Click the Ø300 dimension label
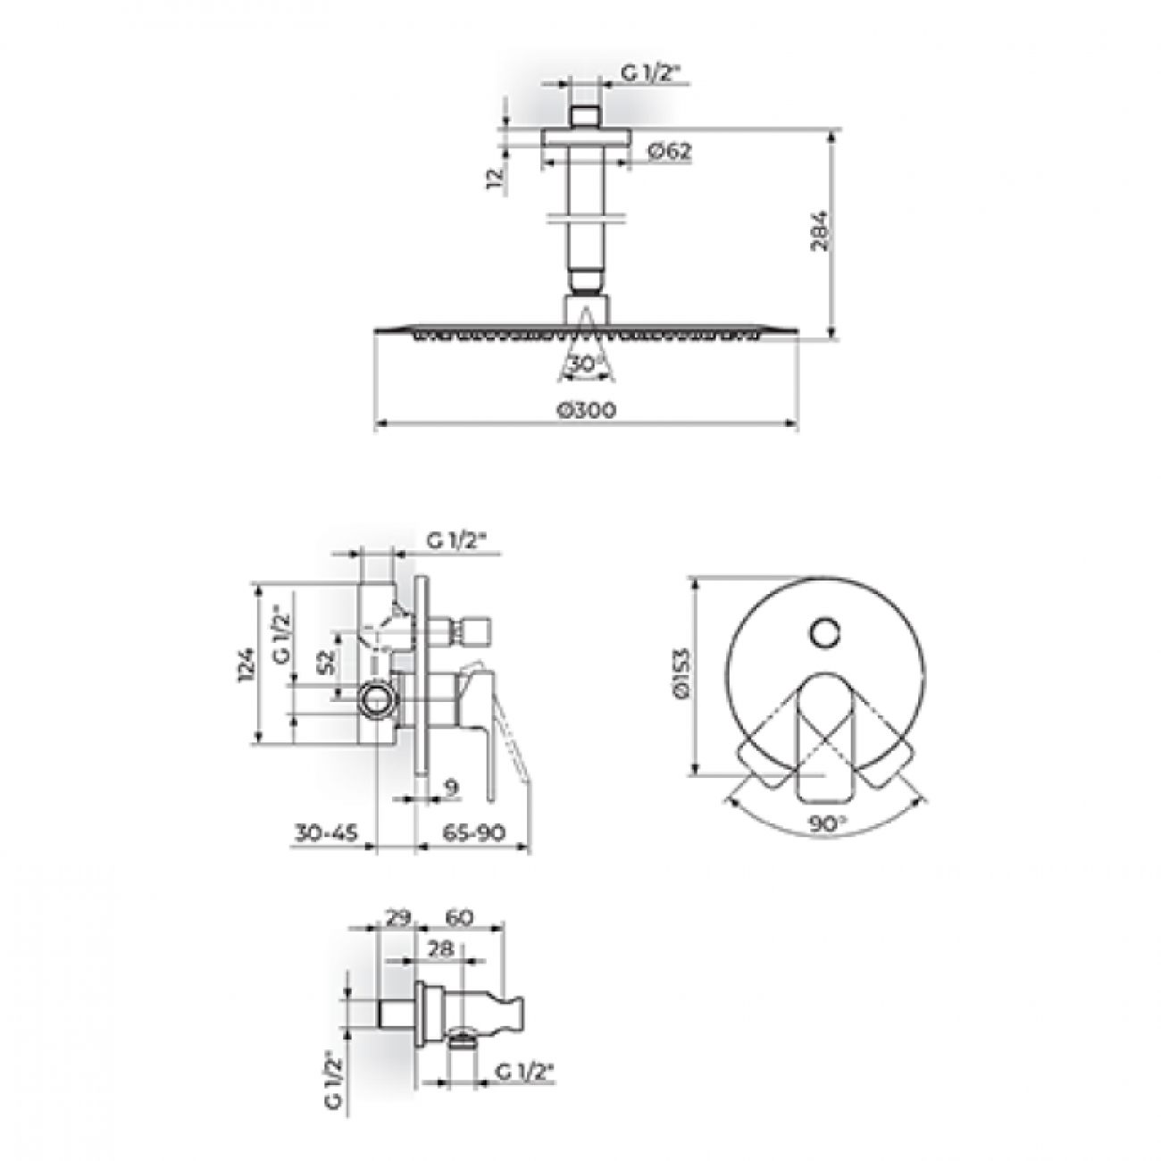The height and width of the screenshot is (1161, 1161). click(587, 410)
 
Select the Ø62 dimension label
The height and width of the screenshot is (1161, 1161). click(670, 151)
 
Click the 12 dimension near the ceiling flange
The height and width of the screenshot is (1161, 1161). click(494, 179)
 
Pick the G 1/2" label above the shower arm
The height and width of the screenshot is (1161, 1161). click(651, 73)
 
